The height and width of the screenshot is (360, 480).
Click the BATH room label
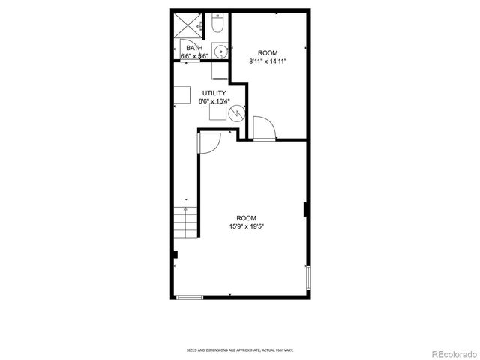coord(194,48)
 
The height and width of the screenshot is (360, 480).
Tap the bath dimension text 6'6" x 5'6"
coord(194,56)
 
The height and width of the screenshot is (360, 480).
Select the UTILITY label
coord(214,93)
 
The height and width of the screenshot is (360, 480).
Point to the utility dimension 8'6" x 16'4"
coord(214,101)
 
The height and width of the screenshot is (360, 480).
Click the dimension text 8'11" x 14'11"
coord(268,61)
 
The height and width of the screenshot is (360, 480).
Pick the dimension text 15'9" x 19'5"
coord(247,226)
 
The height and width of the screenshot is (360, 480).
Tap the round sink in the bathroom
coord(220,52)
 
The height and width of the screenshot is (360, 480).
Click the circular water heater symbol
coord(237,114)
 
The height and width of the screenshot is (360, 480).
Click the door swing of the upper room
coord(265,128)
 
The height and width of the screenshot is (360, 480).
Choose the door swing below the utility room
coord(209,143)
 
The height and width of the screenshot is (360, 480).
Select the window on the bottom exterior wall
coord(190,298)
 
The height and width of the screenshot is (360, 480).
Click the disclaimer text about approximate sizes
coord(240,349)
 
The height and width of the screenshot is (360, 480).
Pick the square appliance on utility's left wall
coord(183,94)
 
